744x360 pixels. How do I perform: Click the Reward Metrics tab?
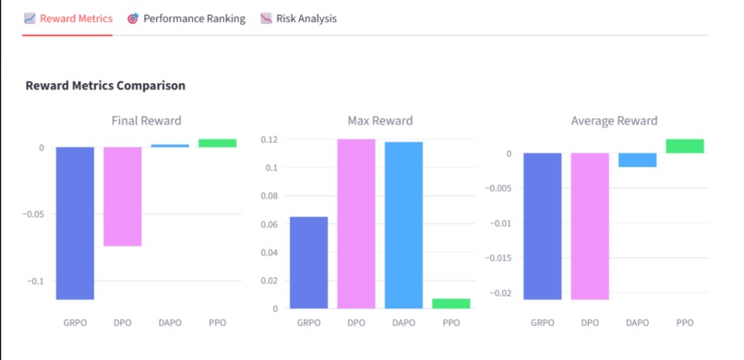[68, 18]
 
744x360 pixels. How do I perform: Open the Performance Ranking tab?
[186, 18]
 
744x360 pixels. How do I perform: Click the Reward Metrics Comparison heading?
[105, 86]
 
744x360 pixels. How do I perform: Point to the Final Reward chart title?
[146, 121]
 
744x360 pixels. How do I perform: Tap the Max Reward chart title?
[379, 121]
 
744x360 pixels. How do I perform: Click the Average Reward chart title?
[614, 121]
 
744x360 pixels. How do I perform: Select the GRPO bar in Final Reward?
[75, 222]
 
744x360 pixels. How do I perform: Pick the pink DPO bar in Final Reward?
[123, 196]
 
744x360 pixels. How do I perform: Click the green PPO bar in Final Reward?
[218, 143]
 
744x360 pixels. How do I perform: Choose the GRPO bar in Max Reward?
[308, 262]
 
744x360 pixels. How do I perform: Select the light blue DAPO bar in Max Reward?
[404, 225]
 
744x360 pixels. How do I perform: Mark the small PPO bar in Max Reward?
[451, 304]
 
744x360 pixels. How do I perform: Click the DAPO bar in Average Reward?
[637, 160]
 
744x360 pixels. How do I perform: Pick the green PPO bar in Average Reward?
[685, 146]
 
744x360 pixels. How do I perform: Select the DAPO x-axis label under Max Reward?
[404, 323]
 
